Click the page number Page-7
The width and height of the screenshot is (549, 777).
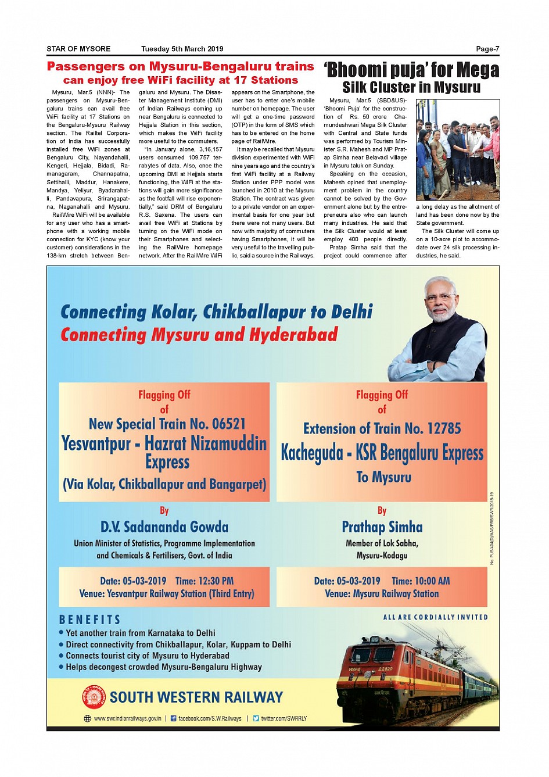[x=487, y=49]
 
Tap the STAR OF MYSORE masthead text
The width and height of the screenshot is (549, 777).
[x=78, y=49]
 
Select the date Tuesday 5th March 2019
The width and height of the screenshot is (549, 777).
[x=182, y=49]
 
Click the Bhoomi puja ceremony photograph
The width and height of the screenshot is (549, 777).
[x=457, y=149]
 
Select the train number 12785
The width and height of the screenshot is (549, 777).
[x=444, y=428]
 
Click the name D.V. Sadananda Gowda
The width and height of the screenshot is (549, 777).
[x=164, y=527]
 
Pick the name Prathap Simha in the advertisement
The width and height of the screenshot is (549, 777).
[x=382, y=527]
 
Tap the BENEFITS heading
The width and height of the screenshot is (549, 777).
[x=90, y=620]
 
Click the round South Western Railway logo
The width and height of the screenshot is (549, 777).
[x=94, y=697]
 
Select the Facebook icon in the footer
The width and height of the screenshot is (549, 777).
[x=173, y=719]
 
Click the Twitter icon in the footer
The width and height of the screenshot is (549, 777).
[x=256, y=719]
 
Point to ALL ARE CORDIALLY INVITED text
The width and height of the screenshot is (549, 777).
[x=435, y=617]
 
